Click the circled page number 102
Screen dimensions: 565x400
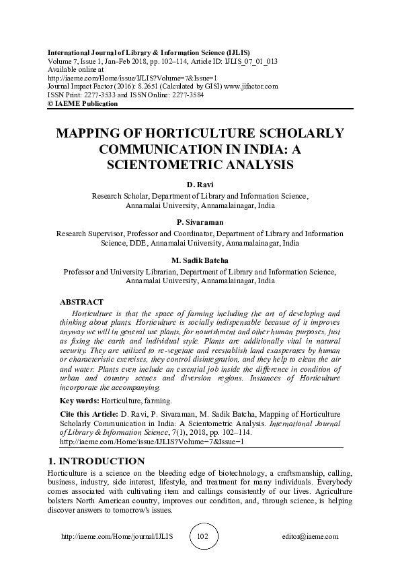(202, 537)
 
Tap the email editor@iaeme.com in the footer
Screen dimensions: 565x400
(311, 537)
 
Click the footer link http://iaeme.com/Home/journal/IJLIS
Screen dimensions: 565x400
(117, 537)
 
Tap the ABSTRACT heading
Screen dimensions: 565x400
(81, 303)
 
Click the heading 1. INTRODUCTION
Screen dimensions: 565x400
(96, 461)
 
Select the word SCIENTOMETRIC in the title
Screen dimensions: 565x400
(158, 163)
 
